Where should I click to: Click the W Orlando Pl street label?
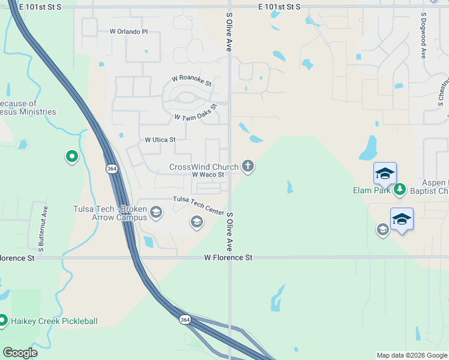[128, 32]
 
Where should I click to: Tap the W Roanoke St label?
[192, 79]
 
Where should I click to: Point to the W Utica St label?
[160, 140]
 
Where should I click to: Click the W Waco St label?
[208, 175]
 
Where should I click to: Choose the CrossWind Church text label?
[204, 167]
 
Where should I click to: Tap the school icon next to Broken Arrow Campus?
[156, 212]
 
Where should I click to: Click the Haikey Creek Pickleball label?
[53, 321]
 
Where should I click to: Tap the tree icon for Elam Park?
[400, 190]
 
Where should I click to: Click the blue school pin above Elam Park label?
[385, 173]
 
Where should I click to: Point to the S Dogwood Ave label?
[424, 35]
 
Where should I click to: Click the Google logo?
[19, 353]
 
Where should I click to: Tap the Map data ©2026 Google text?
[411, 355]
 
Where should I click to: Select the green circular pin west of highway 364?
[72, 157]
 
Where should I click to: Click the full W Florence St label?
[228, 257]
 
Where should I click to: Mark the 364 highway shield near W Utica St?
[112, 169]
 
